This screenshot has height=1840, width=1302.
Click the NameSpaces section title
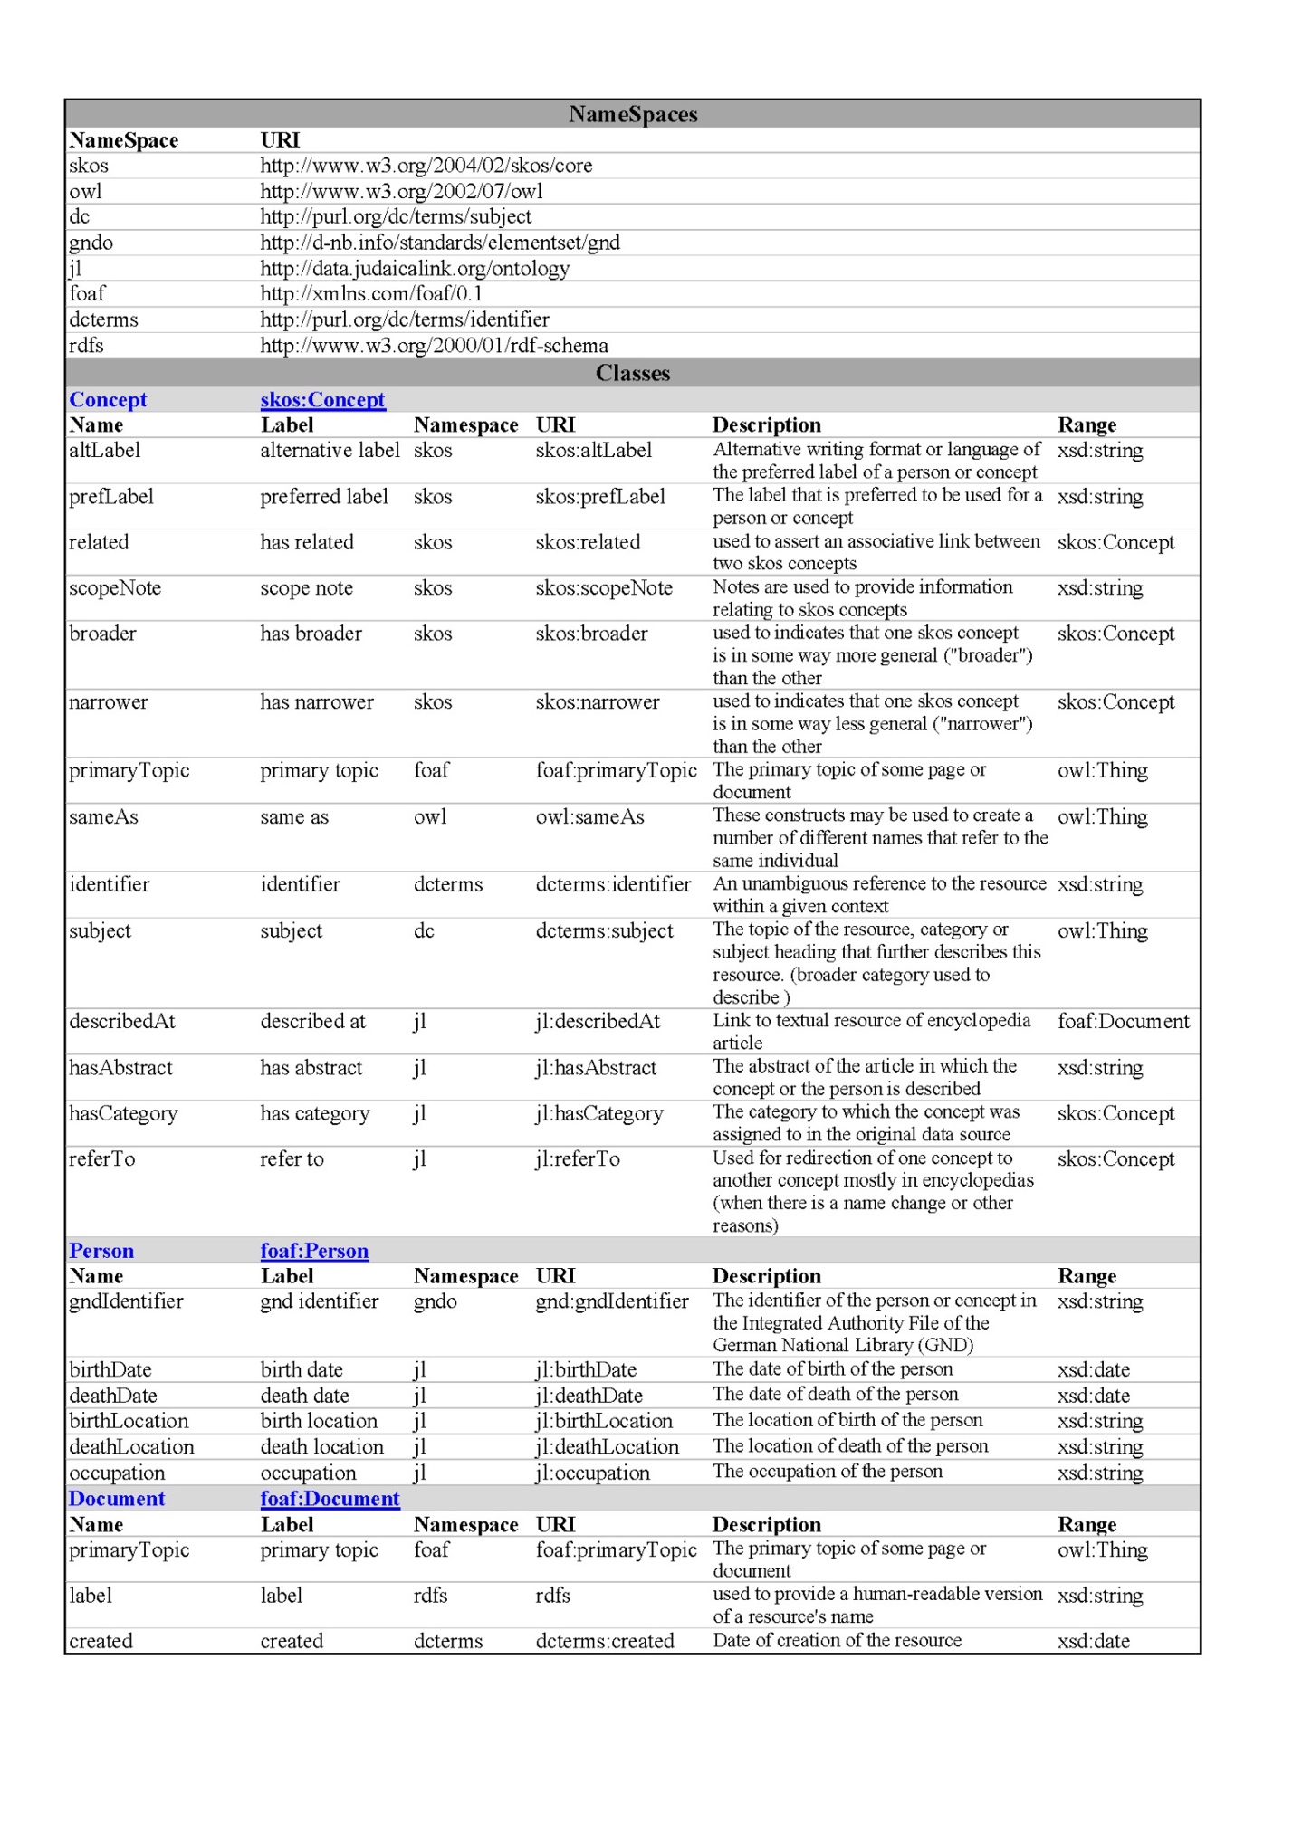[x=633, y=114]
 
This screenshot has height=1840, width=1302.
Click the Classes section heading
[x=633, y=373]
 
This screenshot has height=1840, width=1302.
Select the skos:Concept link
[x=322, y=399]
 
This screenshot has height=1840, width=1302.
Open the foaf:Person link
[x=314, y=1250]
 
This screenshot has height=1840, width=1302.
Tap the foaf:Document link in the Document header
[x=330, y=1498]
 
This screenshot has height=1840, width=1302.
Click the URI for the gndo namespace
[x=440, y=243]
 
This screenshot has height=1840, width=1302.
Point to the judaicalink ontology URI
[x=415, y=268]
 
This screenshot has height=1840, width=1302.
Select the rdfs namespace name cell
[x=87, y=345]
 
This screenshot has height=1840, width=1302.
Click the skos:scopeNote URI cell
[x=604, y=587]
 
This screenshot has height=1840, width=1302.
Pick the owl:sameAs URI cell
[x=589, y=816]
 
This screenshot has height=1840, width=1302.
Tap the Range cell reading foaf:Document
[x=1123, y=1021]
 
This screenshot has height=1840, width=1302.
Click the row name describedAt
[x=122, y=1021]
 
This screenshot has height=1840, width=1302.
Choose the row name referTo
[x=101, y=1158]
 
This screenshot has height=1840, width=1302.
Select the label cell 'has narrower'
[x=317, y=701]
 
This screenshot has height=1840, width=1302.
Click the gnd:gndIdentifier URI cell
[x=611, y=1301]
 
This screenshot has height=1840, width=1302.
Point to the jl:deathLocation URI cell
[x=607, y=1446]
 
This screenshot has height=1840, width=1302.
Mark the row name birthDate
[x=110, y=1369]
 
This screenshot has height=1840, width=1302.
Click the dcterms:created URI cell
[x=605, y=1640]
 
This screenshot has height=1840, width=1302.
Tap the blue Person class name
[x=101, y=1250]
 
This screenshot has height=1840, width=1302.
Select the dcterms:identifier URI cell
[x=613, y=884]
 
